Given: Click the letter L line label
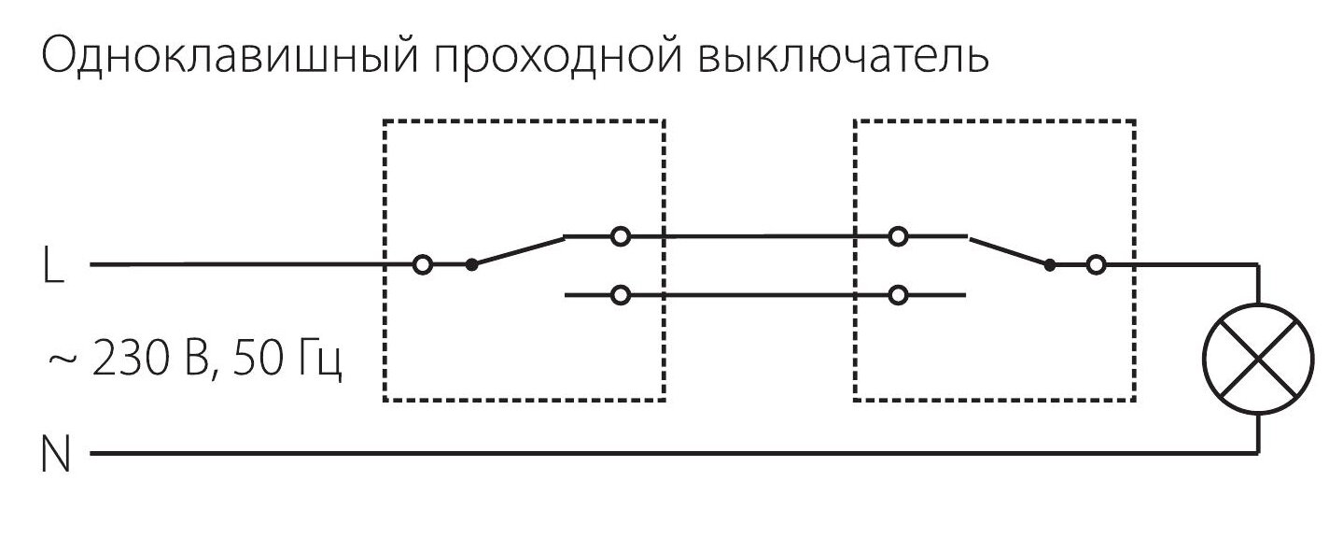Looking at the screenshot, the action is point(53,268).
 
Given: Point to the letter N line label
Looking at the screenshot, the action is point(57,458).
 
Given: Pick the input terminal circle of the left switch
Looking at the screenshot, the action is point(423,265).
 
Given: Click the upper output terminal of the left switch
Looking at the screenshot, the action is point(620,237).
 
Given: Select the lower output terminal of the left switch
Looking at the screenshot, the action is point(620,296).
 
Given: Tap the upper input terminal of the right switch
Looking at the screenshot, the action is point(899,237).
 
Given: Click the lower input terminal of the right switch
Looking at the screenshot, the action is point(899,296).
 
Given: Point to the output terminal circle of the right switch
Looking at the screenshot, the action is point(1097,265).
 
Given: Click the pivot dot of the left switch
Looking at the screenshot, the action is point(471,265).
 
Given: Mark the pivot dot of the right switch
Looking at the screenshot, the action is point(1050,265).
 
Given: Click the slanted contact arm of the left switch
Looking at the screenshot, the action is point(518,251).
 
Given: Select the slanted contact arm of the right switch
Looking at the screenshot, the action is point(1008,251).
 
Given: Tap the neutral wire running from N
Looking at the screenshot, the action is point(653,455).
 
